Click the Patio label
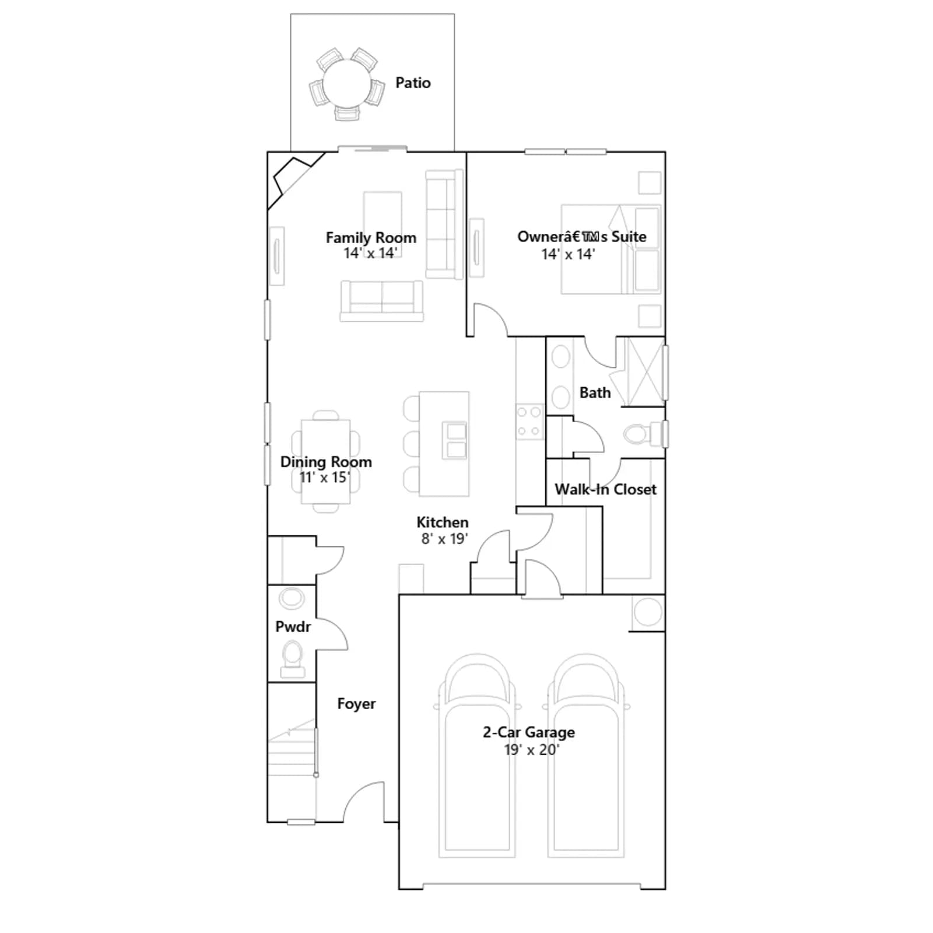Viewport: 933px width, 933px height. point(413,83)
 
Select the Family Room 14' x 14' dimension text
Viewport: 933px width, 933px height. point(370,253)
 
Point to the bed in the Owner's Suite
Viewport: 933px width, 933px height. point(611,249)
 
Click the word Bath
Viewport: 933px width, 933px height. point(595,392)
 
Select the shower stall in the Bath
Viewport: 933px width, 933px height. point(645,371)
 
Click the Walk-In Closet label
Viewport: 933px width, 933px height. point(605,489)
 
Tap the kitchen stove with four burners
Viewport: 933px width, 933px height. point(529,422)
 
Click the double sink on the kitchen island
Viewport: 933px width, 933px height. point(455,440)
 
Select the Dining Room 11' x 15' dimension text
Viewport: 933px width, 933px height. point(325,477)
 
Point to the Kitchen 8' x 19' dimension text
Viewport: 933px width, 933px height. point(444,538)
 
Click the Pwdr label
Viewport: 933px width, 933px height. point(293,627)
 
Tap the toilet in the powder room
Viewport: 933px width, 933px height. point(293,659)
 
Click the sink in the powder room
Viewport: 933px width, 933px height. point(292,599)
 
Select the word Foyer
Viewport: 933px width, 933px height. point(356,704)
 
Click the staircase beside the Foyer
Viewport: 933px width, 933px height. point(292,752)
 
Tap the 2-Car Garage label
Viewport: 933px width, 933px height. point(529,732)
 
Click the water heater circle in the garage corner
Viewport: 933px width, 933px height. point(648,613)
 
